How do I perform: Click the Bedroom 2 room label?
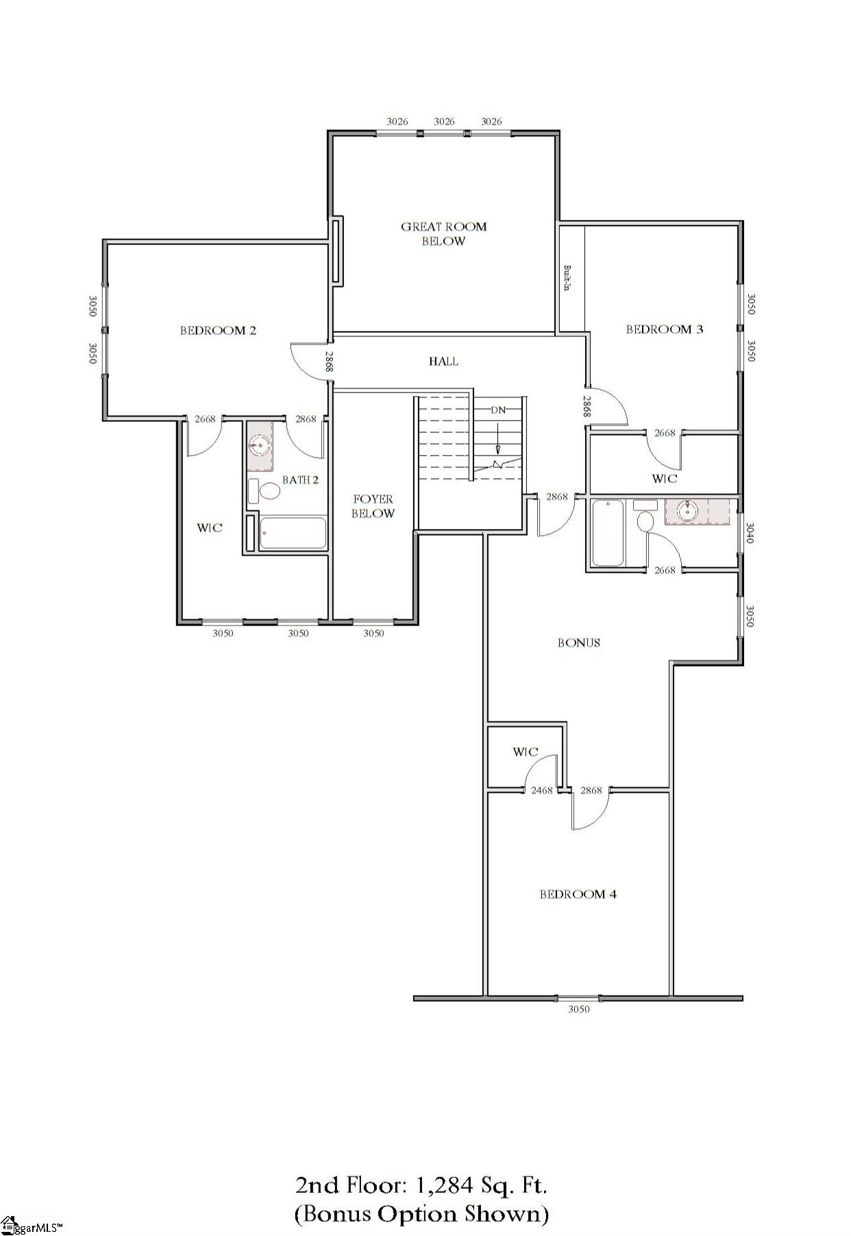tap(218, 330)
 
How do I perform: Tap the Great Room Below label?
tap(443, 234)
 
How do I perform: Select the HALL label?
tap(443, 361)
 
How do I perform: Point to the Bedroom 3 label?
tap(664, 329)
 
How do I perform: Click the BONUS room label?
tap(578, 643)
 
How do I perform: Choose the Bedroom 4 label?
tap(578, 894)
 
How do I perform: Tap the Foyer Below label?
tap(373, 506)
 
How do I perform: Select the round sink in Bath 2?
tap(259, 446)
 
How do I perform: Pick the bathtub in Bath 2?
tap(293, 534)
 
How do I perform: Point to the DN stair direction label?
tap(498, 410)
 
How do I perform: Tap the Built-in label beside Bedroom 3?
tap(567, 277)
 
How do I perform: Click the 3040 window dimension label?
tap(750, 533)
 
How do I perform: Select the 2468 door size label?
tap(541, 790)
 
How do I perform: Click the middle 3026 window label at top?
tap(444, 121)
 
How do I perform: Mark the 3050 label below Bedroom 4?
tap(578, 1009)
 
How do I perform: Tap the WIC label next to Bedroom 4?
tap(525, 752)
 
